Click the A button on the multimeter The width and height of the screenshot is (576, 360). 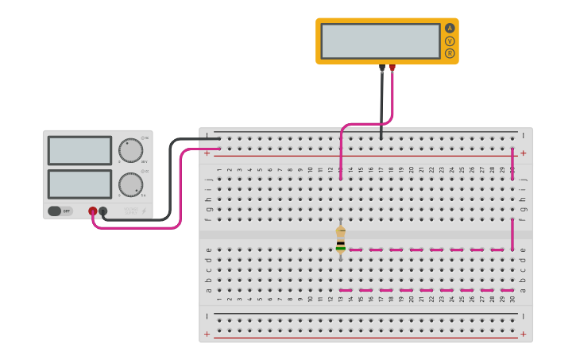point(450,28)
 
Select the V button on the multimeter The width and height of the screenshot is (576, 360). point(450,41)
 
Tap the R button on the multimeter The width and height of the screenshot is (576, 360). point(450,53)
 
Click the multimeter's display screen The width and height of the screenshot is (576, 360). point(381,41)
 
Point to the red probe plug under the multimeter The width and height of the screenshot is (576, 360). point(392,68)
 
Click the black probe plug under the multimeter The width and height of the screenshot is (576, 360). point(382,68)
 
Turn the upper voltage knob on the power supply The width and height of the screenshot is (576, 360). point(130,150)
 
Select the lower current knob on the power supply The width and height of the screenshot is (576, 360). point(130,184)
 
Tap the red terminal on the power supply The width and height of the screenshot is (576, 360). point(93,211)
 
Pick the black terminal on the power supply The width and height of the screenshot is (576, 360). point(103,211)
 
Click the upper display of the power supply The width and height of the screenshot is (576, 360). point(79,150)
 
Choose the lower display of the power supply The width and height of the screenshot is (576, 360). point(79,184)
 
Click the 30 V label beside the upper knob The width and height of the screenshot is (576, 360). point(145,162)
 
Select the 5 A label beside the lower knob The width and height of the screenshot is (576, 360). point(144,195)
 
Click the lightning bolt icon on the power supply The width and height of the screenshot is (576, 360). point(144,211)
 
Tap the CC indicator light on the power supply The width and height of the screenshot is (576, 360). point(143,171)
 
